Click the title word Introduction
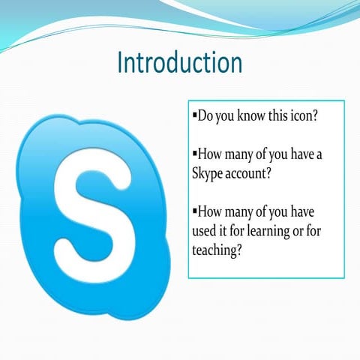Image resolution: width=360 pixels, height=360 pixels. pyautogui.click(x=179, y=63)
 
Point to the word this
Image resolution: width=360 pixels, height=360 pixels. pyautogui.click(x=286, y=118)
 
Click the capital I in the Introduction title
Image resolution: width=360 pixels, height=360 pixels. pyautogui.click(x=121, y=63)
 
